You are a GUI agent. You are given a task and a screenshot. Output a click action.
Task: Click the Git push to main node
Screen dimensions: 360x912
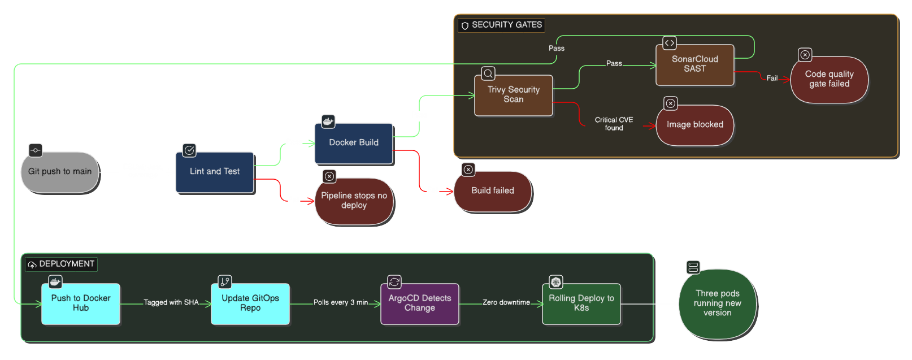click(60, 172)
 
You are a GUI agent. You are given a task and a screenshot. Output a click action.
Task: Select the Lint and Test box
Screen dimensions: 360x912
click(215, 172)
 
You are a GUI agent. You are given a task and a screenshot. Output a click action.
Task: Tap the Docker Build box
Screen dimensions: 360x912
click(354, 143)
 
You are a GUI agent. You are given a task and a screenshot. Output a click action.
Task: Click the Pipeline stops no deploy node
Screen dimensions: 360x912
click(354, 201)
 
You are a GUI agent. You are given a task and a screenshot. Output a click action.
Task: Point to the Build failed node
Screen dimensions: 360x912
click(493, 191)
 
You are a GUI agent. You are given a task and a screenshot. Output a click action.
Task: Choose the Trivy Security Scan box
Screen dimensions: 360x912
click(514, 95)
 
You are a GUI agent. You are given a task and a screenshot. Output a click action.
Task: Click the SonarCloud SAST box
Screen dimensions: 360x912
click(695, 64)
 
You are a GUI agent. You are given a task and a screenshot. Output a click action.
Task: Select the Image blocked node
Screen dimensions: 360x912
click(695, 125)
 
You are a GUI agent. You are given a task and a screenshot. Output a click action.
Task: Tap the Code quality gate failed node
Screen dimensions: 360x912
click(829, 79)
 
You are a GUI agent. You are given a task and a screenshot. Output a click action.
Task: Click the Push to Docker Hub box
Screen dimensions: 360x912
click(81, 303)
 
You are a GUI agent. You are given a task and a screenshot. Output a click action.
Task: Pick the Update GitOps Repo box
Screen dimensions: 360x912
click(250, 303)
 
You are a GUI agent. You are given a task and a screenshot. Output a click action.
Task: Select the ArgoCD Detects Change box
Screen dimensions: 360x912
click(420, 303)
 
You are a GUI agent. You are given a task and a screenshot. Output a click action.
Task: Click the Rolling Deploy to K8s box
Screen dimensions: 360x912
click(581, 303)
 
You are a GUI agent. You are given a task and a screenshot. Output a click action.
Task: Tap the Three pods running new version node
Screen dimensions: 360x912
click(718, 303)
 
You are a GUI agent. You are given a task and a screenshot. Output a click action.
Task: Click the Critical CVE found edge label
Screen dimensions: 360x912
click(614, 124)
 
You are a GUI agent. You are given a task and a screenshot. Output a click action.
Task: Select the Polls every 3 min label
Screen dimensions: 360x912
click(341, 302)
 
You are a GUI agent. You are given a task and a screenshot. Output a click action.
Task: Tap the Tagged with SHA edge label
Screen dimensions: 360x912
click(171, 302)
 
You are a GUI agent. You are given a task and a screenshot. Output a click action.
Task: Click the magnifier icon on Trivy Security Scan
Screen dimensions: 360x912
click(488, 73)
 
